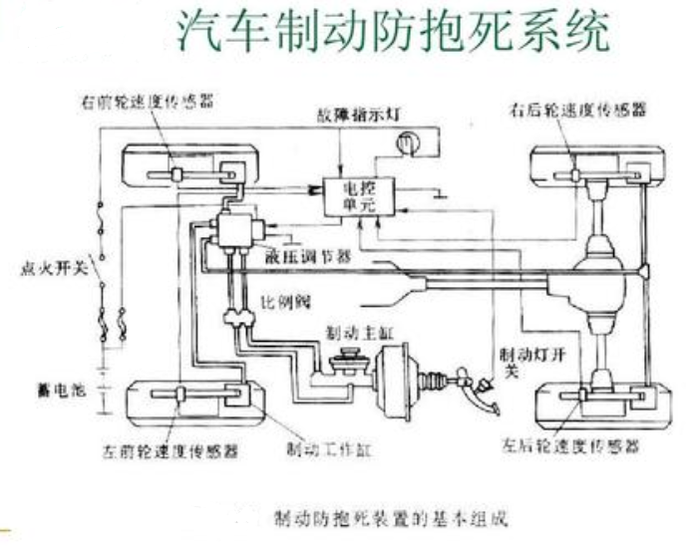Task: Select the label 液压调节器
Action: point(313,255)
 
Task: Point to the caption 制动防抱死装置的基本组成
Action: point(391,518)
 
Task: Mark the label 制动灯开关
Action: point(523,362)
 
